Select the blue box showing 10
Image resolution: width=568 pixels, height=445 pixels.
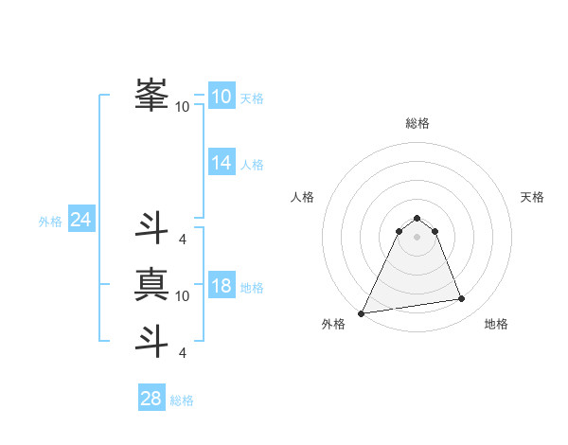[222, 96]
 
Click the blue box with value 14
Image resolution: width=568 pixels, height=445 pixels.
[222, 162]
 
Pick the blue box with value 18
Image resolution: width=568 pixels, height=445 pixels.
[222, 285]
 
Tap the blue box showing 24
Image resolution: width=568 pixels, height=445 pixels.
[81, 220]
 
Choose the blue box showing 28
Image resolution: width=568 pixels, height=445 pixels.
[151, 399]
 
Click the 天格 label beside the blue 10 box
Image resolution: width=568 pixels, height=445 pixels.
[251, 98]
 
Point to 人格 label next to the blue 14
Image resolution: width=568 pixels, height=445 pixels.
[251, 165]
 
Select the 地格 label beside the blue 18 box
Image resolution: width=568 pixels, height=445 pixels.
[251, 288]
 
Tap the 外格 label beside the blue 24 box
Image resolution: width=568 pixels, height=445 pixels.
[50, 222]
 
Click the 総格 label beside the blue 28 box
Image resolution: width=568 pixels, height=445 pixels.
[182, 401]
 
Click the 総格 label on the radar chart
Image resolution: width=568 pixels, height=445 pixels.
[417, 123]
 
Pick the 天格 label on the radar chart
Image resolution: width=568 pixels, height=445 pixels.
[533, 197]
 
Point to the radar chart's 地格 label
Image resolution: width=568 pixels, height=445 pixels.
[496, 324]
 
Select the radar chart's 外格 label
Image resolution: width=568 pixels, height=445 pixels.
[333, 324]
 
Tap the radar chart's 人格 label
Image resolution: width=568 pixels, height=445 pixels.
[302, 197]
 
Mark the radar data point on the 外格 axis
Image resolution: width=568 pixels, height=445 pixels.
[362, 312]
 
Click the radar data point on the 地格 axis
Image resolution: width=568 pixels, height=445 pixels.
[462, 299]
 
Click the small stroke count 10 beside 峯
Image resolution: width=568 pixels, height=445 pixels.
[182, 107]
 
